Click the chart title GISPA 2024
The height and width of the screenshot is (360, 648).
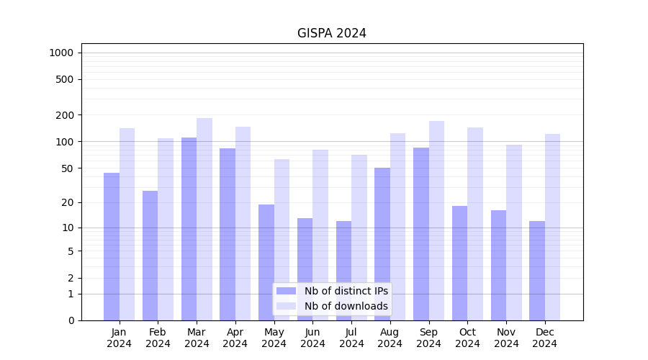[x=332, y=33]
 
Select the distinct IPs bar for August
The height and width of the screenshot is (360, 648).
[x=382, y=244]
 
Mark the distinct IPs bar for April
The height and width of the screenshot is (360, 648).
[x=228, y=234]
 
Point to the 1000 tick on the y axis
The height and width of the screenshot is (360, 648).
[x=61, y=53]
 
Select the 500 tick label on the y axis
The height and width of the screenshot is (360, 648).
[x=65, y=79]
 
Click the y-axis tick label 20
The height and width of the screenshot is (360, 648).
[x=68, y=202]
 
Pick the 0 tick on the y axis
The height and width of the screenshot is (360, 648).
[x=71, y=320]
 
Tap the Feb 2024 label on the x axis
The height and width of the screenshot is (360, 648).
[x=158, y=338]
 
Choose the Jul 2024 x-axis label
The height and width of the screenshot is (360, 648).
[x=351, y=338]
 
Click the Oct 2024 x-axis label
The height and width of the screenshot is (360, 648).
[x=467, y=338]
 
